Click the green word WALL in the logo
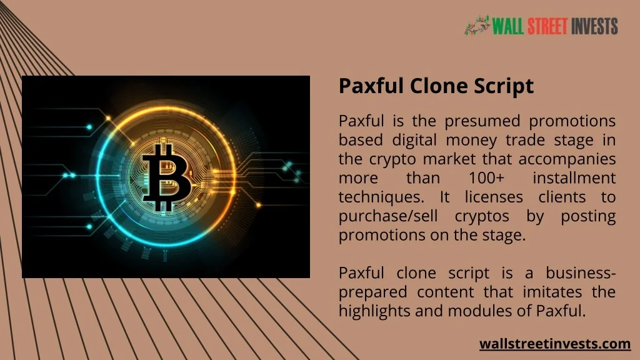[507, 26]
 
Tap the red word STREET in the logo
[547, 26]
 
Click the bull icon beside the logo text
[477, 25]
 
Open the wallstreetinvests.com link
[555, 344]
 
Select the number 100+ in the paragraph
[486, 178]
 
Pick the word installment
[574, 178]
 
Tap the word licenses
[494, 197]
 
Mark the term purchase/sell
[388, 216]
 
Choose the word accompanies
[567, 159]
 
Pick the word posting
[588, 216]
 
